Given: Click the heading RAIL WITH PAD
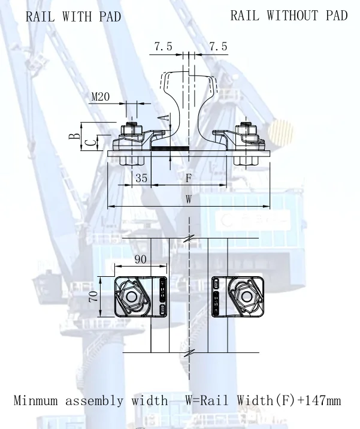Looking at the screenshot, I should point(73,17).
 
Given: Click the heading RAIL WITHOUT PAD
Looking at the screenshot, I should point(289,16).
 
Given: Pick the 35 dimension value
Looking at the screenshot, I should point(141,178).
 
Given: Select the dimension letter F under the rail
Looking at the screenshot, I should point(188,178).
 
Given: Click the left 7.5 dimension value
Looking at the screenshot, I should point(164,47).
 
